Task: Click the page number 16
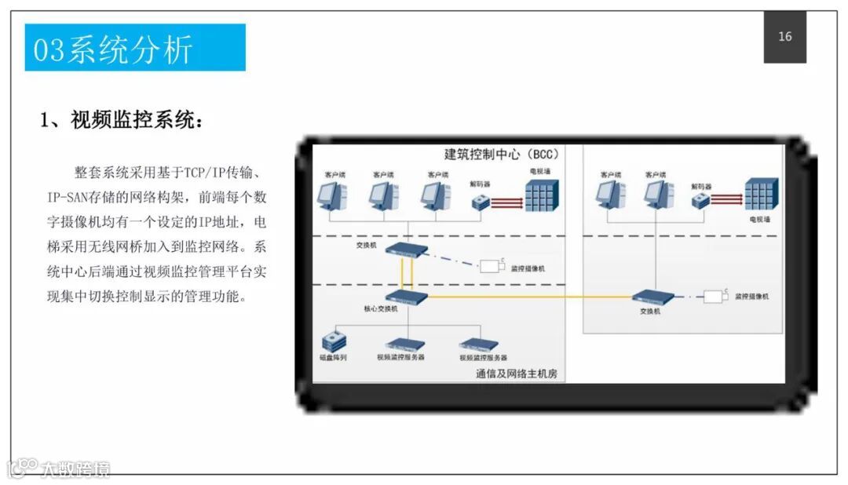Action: (784, 37)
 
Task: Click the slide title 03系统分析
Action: (112, 49)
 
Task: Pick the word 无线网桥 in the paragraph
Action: (114, 247)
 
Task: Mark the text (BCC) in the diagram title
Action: (541, 154)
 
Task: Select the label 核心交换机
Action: (380, 309)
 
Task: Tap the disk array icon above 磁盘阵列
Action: (334, 341)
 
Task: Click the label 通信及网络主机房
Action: (516, 374)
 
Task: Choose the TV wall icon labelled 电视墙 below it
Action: (761, 194)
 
